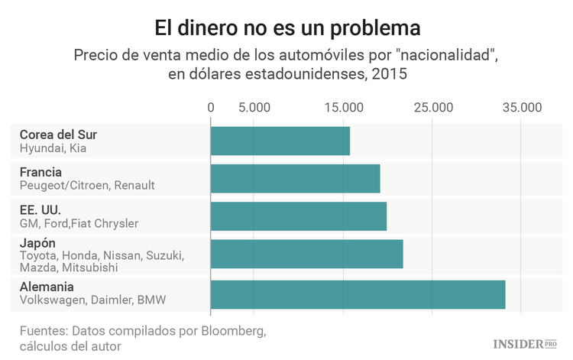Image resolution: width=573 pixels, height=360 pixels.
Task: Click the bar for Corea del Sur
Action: click(x=280, y=141)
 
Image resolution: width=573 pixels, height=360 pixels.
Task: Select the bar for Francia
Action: click(x=295, y=178)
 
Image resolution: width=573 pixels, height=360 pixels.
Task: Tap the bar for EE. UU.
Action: click(x=299, y=216)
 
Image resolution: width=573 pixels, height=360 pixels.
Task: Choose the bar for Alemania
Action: click(x=358, y=294)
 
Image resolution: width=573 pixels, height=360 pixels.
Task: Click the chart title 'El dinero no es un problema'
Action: click(x=286, y=28)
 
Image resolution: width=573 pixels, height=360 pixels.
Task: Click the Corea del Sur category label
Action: click(x=58, y=135)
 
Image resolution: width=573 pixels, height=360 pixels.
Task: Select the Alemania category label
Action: click(x=47, y=287)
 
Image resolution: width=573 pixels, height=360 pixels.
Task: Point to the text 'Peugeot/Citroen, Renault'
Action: click(x=87, y=186)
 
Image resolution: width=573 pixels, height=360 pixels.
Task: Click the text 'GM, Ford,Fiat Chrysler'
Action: click(x=79, y=223)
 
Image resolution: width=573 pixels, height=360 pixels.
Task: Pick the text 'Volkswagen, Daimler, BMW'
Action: click(x=92, y=300)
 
